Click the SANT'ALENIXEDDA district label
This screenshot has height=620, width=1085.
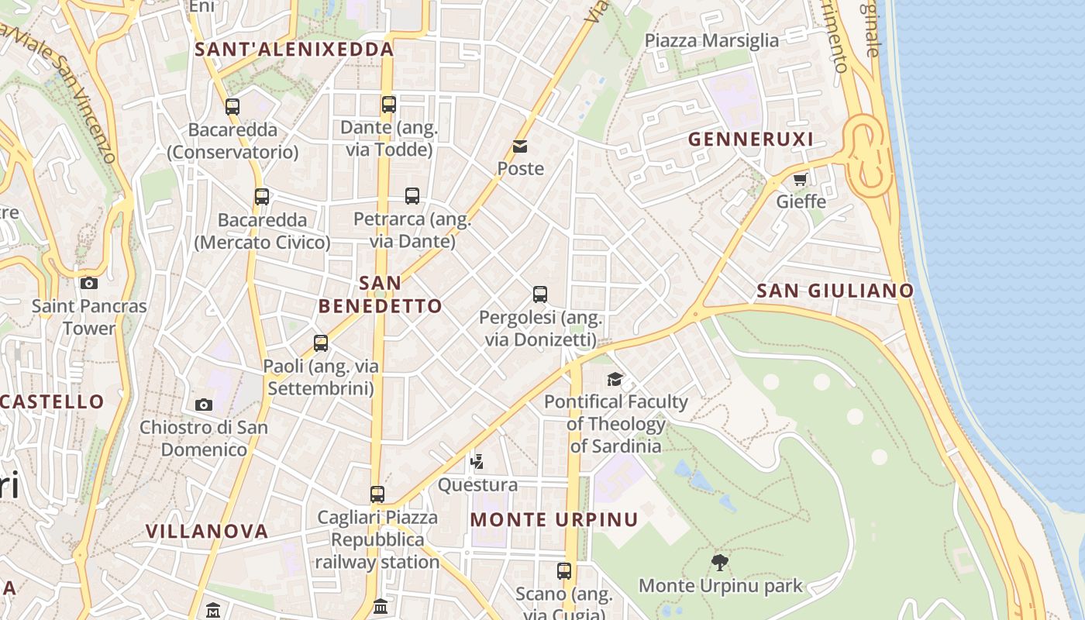point(294,50)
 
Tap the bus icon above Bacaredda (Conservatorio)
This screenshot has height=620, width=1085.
point(232,107)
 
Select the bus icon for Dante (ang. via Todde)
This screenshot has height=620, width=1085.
point(389,104)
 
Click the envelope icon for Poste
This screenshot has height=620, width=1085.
point(519,146)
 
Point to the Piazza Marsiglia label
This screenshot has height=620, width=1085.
point(711,41)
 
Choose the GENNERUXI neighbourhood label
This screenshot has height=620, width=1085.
point(751,139)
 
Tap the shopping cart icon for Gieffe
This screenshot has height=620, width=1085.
point(800,180)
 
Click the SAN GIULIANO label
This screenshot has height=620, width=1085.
point(835,291)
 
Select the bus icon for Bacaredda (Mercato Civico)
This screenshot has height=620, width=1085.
point(262,197)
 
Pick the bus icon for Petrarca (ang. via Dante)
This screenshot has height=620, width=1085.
point(412,196)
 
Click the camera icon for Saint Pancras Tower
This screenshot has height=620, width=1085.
point(89,283)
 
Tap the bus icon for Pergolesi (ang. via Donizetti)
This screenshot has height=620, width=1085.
point(540,294)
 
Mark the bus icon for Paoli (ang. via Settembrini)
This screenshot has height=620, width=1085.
point(321,343)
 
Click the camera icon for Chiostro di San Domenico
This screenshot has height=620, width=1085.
point(204,405)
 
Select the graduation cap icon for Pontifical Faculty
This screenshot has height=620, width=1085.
point(615,379)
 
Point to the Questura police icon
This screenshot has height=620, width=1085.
point(477,462)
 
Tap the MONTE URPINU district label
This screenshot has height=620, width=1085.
point(554,520)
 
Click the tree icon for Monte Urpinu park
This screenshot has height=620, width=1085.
point(720,562)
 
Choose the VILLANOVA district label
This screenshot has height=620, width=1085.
point(207,532)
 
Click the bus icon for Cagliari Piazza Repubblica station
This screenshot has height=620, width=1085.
point(377,494)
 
